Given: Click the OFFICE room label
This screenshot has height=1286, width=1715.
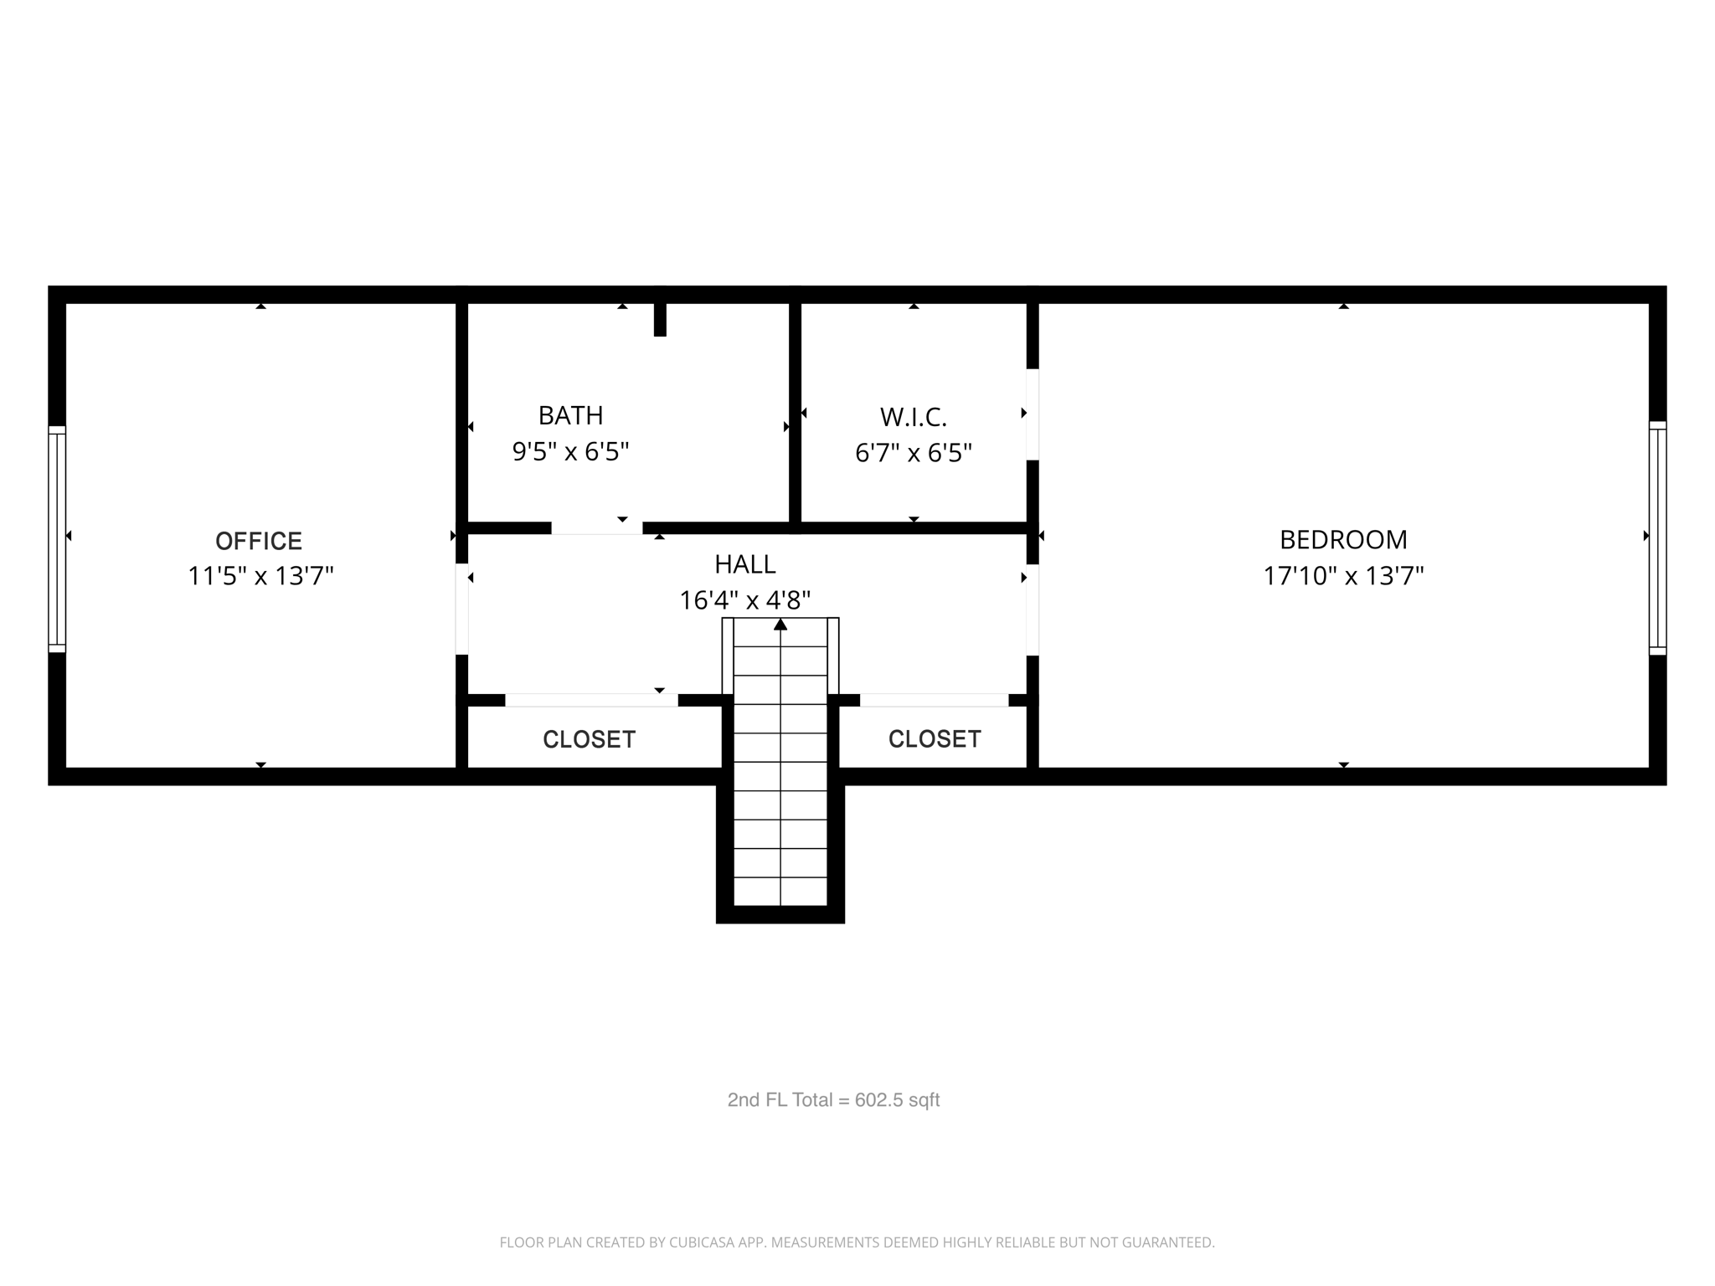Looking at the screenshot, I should coord(259,541).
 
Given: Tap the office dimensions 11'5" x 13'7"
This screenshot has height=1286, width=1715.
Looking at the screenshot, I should coord(260,576).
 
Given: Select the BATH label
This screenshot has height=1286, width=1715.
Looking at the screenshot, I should coord(570,415).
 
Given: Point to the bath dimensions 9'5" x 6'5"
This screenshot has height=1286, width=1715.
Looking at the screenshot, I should coord(570,452).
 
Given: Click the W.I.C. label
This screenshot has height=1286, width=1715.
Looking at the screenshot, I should coord(913,417).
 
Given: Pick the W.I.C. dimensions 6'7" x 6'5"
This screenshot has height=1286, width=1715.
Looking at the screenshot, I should coord(913,453).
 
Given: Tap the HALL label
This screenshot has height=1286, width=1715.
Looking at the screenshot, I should coord(744,564).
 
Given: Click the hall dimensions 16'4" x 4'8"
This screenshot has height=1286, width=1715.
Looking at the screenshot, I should coord(744,600).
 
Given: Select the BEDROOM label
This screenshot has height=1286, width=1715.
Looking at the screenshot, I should coord(1343,539).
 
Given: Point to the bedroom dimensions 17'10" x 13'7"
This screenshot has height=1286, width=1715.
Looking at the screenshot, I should coord(1343,576).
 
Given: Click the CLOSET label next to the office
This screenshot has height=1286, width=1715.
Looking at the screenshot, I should coord(589,739).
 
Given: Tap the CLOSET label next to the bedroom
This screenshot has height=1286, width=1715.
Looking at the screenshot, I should coord(935,738).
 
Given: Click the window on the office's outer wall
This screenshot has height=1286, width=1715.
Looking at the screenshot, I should coord(57,539).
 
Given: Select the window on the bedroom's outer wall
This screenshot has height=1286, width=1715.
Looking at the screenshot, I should coord(1657,538).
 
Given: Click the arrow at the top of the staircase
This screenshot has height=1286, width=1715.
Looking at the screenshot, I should coord(780,625).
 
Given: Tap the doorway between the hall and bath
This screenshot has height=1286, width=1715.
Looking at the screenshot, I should coord(596,528).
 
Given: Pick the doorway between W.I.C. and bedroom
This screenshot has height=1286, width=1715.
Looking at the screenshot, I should coord(1033,414).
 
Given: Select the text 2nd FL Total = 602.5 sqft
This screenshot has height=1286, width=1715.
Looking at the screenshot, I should coord(833,1100).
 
